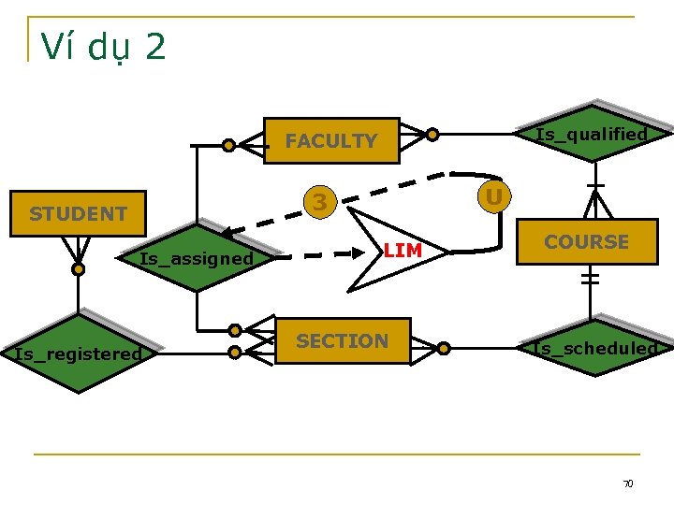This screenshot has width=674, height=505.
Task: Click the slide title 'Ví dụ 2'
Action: click(x=103, y=46)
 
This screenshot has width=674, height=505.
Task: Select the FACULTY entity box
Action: click(x=331, y=141)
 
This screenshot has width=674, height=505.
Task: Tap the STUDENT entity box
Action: click(x=78, y=214)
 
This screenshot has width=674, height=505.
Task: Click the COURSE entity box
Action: click(x=586, y=242)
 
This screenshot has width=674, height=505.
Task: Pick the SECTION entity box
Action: click(x=342, y=341)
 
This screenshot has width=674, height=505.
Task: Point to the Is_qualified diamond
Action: click(x=592, y=134)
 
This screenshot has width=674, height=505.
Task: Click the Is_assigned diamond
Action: click(x=197, y=258)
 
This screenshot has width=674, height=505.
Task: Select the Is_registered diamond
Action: click(x=79, y=353)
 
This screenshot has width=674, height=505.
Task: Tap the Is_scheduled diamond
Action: click(x=594, y=349)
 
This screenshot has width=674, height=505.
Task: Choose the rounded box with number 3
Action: click(x=320, y=202)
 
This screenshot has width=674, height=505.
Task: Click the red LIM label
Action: click(x=403, y=251)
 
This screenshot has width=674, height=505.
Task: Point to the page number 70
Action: click(x=628, y=483)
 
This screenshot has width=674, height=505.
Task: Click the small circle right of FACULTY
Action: click(x=432, y=135)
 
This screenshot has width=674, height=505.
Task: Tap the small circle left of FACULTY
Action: click(x=228, y=145)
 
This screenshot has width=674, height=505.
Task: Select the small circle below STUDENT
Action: click(x=79, y=269)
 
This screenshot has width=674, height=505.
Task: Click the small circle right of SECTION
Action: click(x=444, y=349)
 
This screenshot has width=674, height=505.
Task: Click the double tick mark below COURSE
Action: click(x=590, y=278)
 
